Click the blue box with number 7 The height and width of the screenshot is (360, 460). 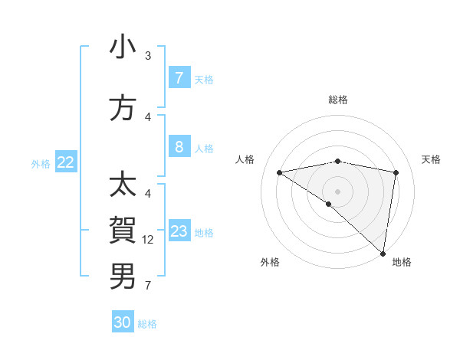click(x=179, y=77)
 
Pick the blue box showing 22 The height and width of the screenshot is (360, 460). click(x=66, y=162)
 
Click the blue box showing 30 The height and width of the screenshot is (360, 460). click(x=123, y=322)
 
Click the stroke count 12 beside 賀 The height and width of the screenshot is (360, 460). click(x=148, y=240)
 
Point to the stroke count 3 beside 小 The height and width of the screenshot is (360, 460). click(x=148, y=56)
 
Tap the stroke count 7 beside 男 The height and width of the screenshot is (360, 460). click(x=148, y=286)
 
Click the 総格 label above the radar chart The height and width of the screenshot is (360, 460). click(x=337, y=100)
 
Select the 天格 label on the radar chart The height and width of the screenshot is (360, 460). click(x=432, y=159)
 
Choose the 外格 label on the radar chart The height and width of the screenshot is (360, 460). click(x=270, y=262)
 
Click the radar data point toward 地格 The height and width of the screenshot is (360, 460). click(x=384, y=253)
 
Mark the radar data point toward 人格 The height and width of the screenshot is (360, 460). click(x=280, y=172)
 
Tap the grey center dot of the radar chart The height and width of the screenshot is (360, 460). click(x=337, y=191)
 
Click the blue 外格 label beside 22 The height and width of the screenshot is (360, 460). click(x=40, y=163)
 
